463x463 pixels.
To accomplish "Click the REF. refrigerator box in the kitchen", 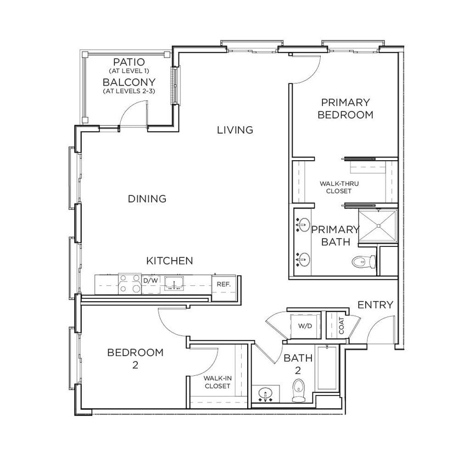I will click(223, 285).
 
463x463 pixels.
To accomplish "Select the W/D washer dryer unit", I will click(305, 326).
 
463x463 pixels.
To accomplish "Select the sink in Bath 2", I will click(266, 394).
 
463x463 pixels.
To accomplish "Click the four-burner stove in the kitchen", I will click(130, 283).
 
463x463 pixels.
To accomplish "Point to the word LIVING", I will click(235, 130).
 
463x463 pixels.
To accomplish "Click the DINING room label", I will click(147, 199).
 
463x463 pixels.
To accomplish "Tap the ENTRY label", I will click(375, 305).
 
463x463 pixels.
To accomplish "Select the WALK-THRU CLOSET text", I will click(338, 187).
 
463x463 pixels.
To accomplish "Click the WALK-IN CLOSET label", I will click(217, 382).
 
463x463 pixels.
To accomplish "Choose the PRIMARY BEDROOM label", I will click(345, 109).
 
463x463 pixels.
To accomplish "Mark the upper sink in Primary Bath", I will click(302, 224).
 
